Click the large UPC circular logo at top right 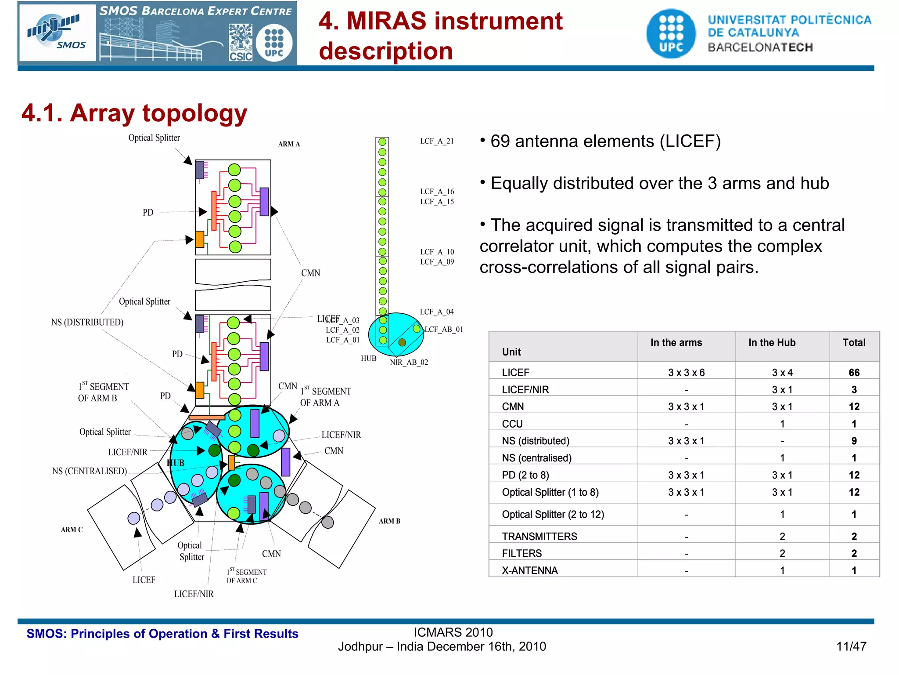point(671,33)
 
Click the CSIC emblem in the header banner point(241,43)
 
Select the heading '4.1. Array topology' point(134,113)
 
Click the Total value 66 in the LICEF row point(854,373)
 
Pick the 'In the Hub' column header point(772,343)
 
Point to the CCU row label point(512,424)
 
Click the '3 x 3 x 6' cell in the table point(686,373)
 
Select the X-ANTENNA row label point(530,570)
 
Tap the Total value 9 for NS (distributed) point(854,441)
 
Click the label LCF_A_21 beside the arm point(437,141)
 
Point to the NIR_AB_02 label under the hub point(409,362)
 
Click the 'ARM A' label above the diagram point(289,144)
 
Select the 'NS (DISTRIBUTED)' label point(87,322)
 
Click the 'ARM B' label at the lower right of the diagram point(389,521)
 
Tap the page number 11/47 point(851,646)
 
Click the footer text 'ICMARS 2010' point(453,632)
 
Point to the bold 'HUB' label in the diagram point(176,463)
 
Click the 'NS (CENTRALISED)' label point(89,471)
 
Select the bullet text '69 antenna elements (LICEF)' point(605,142)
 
